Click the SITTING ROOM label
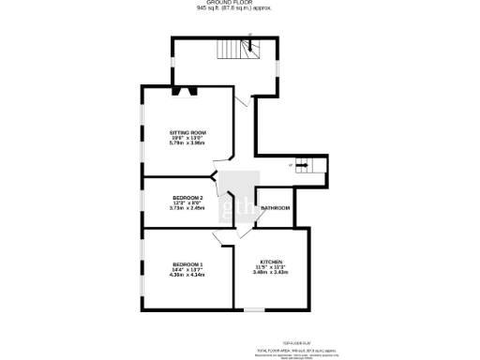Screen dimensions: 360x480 (187, 132)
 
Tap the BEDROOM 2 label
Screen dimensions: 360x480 (187, 197)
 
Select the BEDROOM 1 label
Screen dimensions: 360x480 (187, 264)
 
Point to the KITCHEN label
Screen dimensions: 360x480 (270, 261)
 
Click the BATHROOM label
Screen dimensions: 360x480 (275, 207)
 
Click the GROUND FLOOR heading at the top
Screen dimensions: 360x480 (239, 3)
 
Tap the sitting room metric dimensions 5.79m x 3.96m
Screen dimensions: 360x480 (187, 143)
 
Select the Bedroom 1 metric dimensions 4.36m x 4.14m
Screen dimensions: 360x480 (187, 275)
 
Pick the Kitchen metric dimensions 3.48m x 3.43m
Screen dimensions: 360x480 (270, 272)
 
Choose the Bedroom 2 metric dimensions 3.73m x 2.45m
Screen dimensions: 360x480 (187, 208)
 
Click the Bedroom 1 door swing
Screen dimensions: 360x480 (226, 237)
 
